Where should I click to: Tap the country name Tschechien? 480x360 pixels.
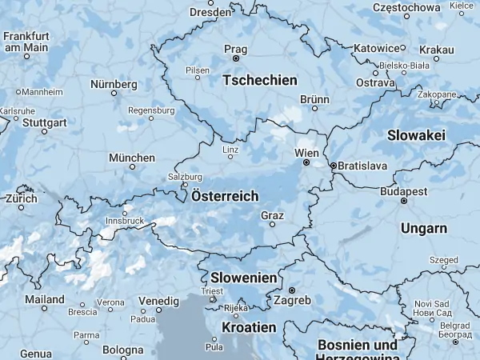click(260, 81)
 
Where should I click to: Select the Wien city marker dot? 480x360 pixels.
click(306, 162)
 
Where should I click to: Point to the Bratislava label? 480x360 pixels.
click(362, 166)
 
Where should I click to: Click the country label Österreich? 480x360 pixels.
click(225, 196)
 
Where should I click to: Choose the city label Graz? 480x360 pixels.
click(272, 214)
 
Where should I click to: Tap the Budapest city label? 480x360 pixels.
click(405, 191)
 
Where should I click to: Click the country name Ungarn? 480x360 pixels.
click(423, 229)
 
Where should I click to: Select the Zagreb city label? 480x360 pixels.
click(293, 300)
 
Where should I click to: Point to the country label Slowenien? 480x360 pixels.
click(245, 277)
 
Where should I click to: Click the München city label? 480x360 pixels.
click(132, 157)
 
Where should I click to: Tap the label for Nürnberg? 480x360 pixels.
click(114, 84)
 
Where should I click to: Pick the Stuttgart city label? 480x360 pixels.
click(45, 123)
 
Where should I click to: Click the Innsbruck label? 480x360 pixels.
click(124, 221)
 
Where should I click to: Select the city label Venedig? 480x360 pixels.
click(158, 300)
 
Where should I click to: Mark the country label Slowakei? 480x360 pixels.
click(416, 136)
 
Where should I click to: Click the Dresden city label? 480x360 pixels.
click(211, 12)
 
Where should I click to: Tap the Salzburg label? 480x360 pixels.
click(180, 177)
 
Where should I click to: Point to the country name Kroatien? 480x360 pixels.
click(249, 327)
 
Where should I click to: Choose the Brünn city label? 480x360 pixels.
click(314, 99)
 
